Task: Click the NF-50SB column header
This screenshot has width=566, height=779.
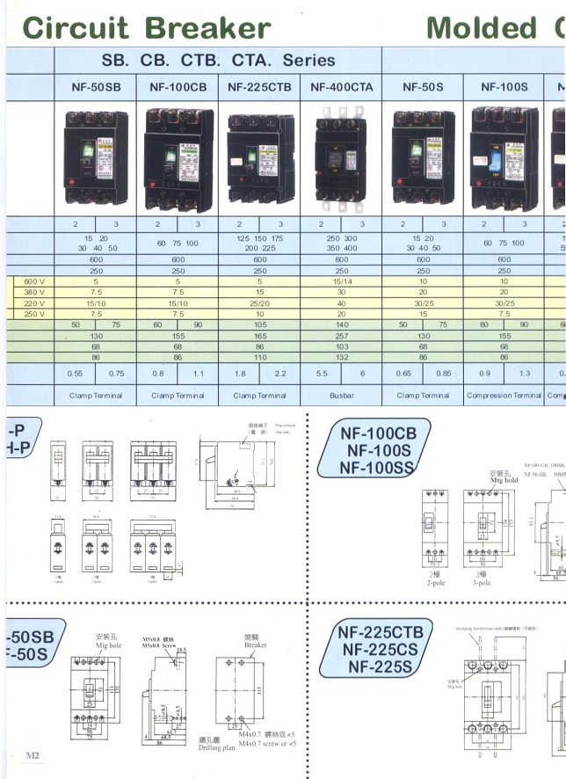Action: [96, 87]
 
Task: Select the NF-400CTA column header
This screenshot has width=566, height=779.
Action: [342, 87]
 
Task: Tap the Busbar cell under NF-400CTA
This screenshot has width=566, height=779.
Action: [342, 396]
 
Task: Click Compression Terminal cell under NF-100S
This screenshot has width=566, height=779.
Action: [504, 396]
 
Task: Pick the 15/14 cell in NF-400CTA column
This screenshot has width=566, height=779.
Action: [342, 282]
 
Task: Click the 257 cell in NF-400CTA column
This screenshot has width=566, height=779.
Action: [342, 336]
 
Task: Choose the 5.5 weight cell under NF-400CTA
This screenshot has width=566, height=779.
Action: [322, 373]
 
